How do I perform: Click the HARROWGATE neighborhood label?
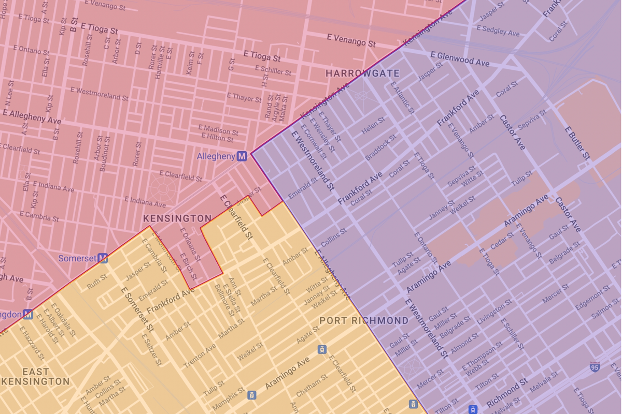click(x=362, y=73)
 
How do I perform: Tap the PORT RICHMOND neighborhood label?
click(x=364, y=320)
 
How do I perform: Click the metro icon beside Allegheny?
click(x=242, y=156)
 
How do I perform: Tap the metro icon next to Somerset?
click(x=103, y=258)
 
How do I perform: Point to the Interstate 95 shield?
click(x=595, y=367)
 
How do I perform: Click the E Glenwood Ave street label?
click(x=460, y=58)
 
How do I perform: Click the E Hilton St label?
click(x=220, y=138)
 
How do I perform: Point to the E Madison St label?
click(x=218, y=129)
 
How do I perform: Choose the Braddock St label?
click(x=380, y=147)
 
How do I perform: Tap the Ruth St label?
click(x=96, y=284)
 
